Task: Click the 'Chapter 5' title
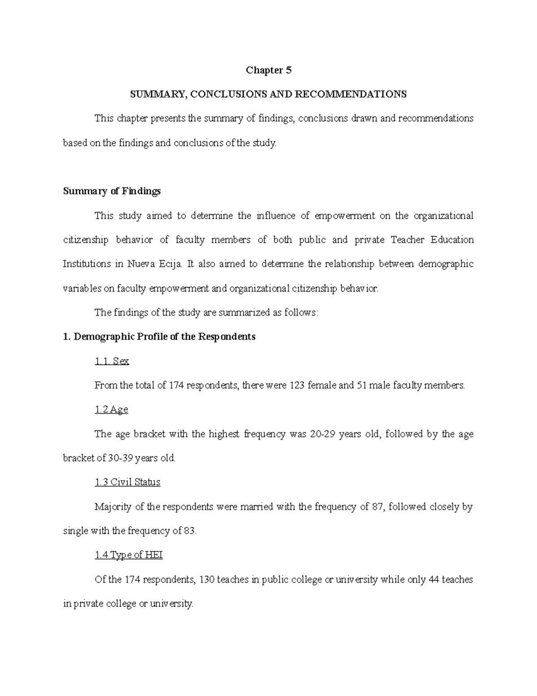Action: pyautogui.click(x=268, y=70)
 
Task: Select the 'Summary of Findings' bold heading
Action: pyautogui.click(x=112, y=191)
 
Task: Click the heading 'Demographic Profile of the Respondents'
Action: pyautogui.click(x=164, y=337)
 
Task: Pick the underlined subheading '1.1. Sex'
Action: pyautogui.click(x=112, y=361)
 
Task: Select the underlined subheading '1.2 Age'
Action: pyautogui.click(x=111, y=409)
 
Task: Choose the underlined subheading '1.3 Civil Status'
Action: pyautogui.click(x=128, y=482)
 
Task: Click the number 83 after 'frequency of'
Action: pyautogui.click(x=190, y=531)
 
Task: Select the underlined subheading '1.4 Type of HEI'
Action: pyautogui.click(x=129, y=555)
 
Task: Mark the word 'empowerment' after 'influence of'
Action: pyautogui.click(x=345, y=216)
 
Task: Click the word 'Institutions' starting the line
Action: pyautogui.click(x=87, y=264)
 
